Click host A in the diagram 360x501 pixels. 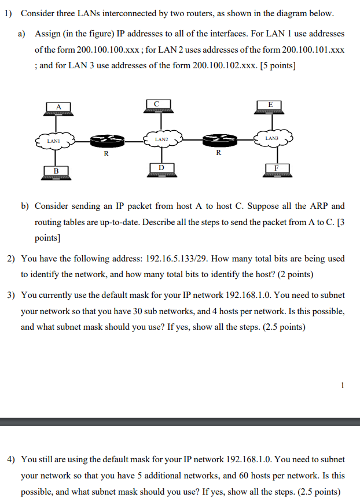pos(58,108)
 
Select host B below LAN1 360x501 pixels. pos(57,172)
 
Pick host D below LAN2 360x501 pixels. pos(161,169)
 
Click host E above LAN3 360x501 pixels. pos(271,106)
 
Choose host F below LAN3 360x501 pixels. pos(276,170)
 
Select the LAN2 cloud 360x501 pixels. pos(162,139)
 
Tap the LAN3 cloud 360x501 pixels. pos(272,138)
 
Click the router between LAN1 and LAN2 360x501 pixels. pos(105,139)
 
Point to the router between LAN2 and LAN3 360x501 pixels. pos(218,139)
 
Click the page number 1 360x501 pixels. pos(343,384)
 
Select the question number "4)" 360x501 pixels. pos(11,459)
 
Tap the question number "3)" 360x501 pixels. pos(11,295)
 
